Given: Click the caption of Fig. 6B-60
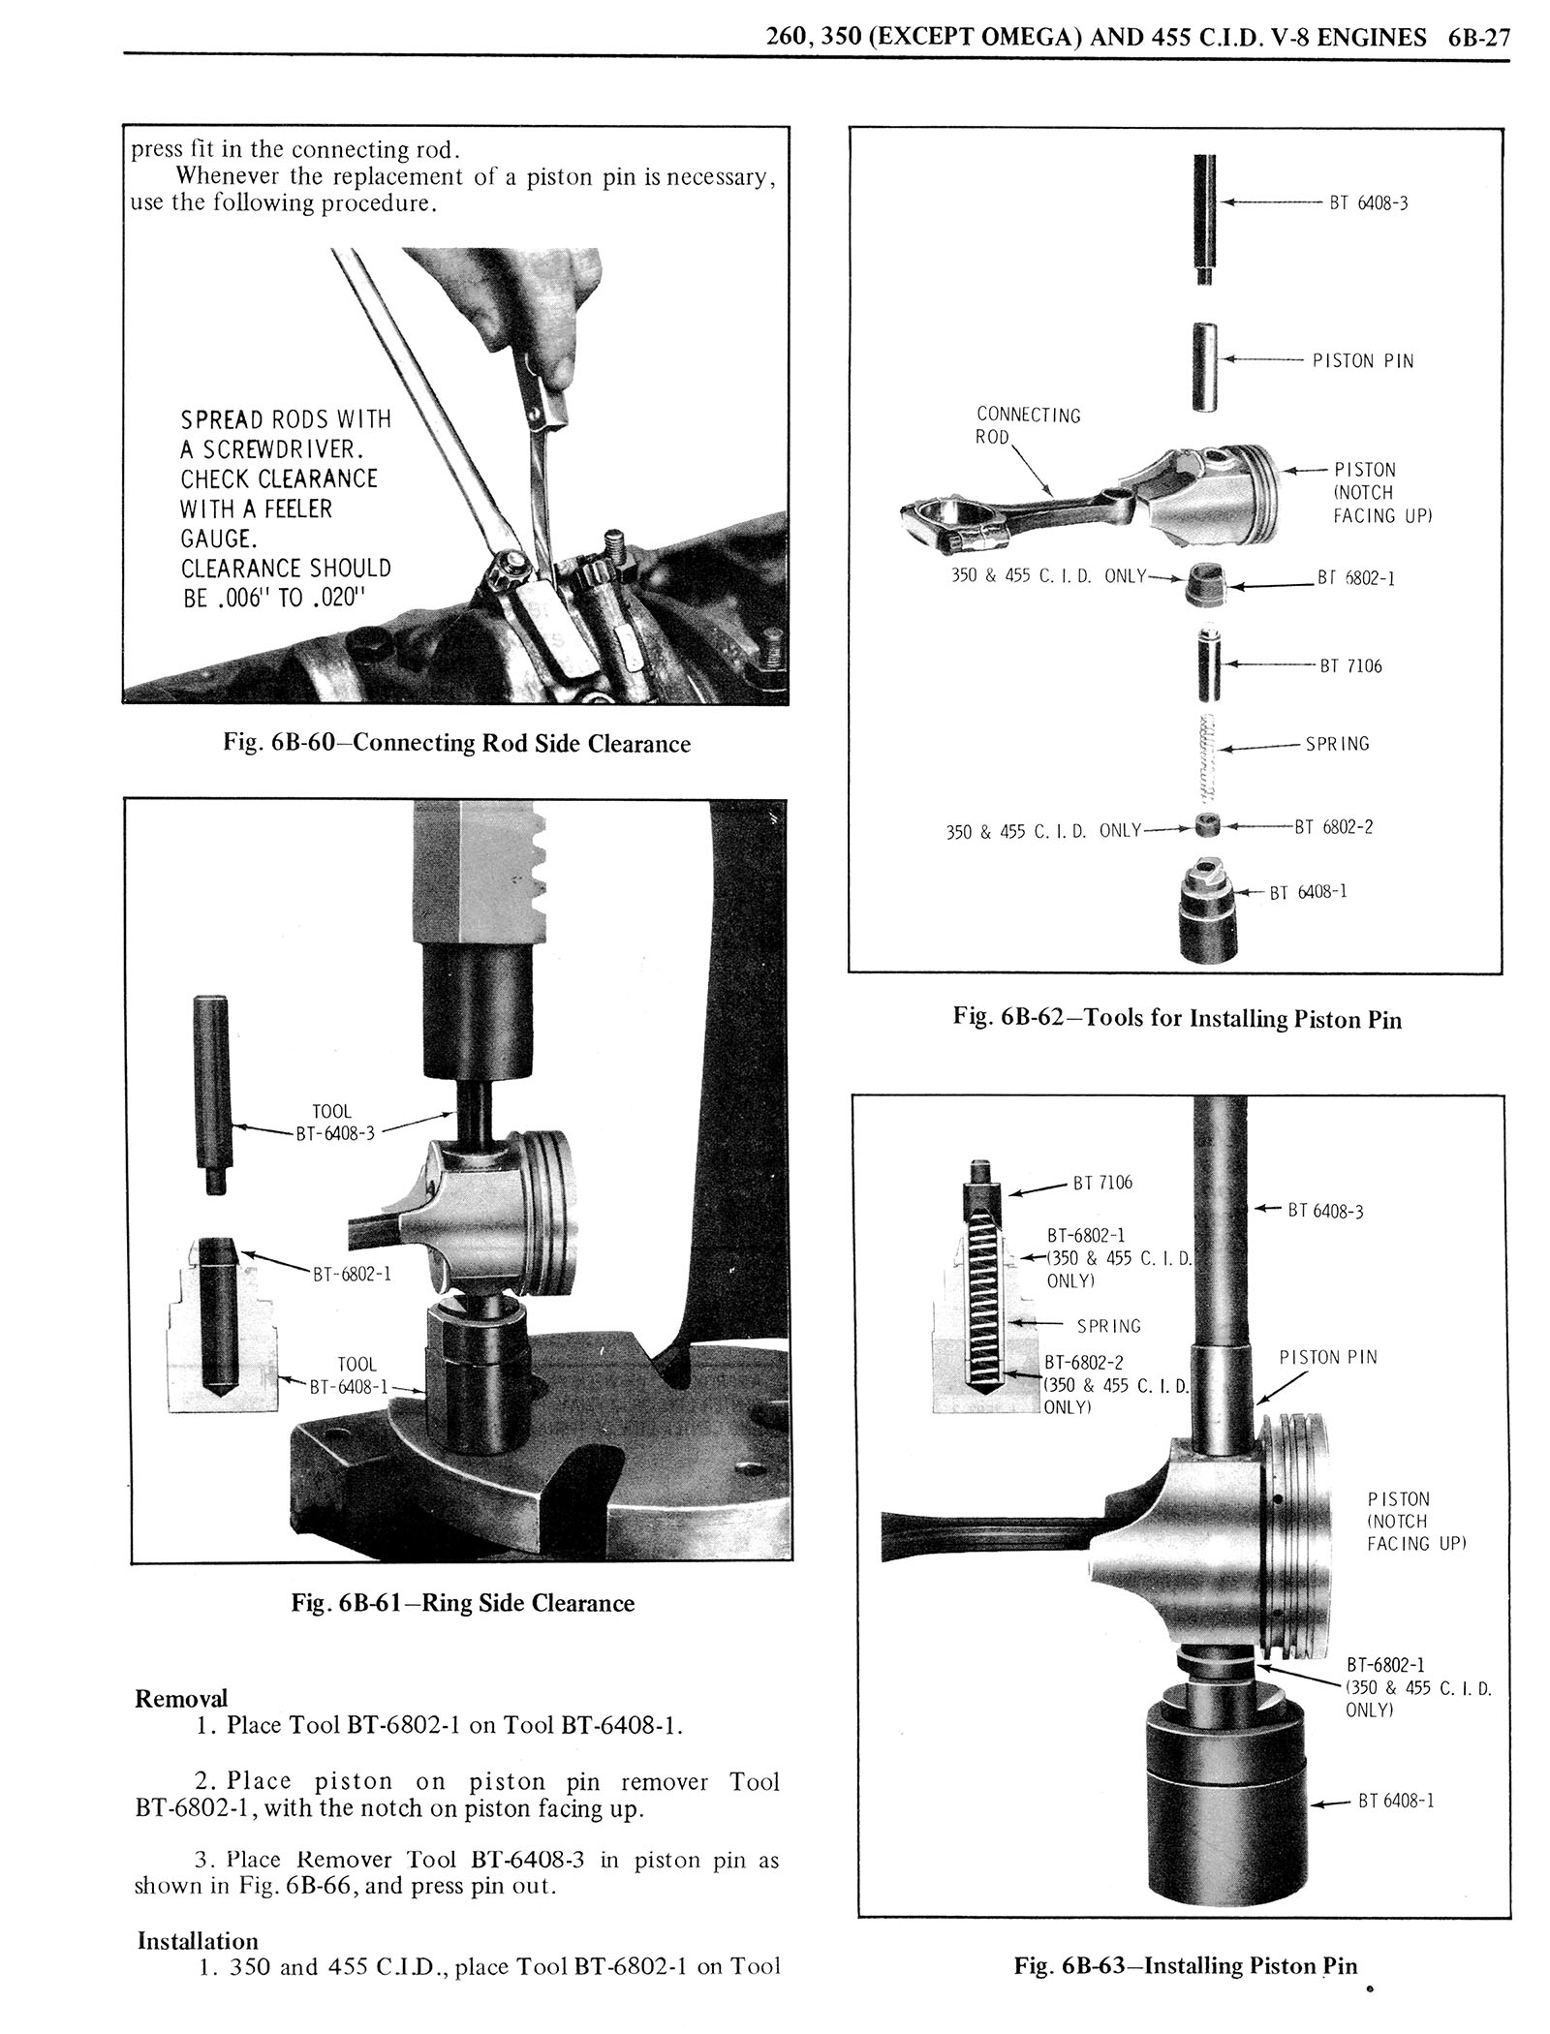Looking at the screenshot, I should [x=455, y=744].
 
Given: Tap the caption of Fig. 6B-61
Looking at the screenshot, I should [x=462, y=1603].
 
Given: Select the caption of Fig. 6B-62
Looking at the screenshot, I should [x=1176, y=1018].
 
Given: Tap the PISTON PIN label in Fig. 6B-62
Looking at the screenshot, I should [x=1363, y=361].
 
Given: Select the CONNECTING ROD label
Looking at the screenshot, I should [x=1027, y=426].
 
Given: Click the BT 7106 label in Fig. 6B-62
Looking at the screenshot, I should [x=1350, y=666].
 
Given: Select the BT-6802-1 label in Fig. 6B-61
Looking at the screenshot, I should [x=351, y=1275].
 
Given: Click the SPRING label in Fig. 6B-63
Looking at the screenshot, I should [x=1109, y=1327].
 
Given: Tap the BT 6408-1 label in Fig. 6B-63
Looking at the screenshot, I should [x=1395, y=1802].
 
